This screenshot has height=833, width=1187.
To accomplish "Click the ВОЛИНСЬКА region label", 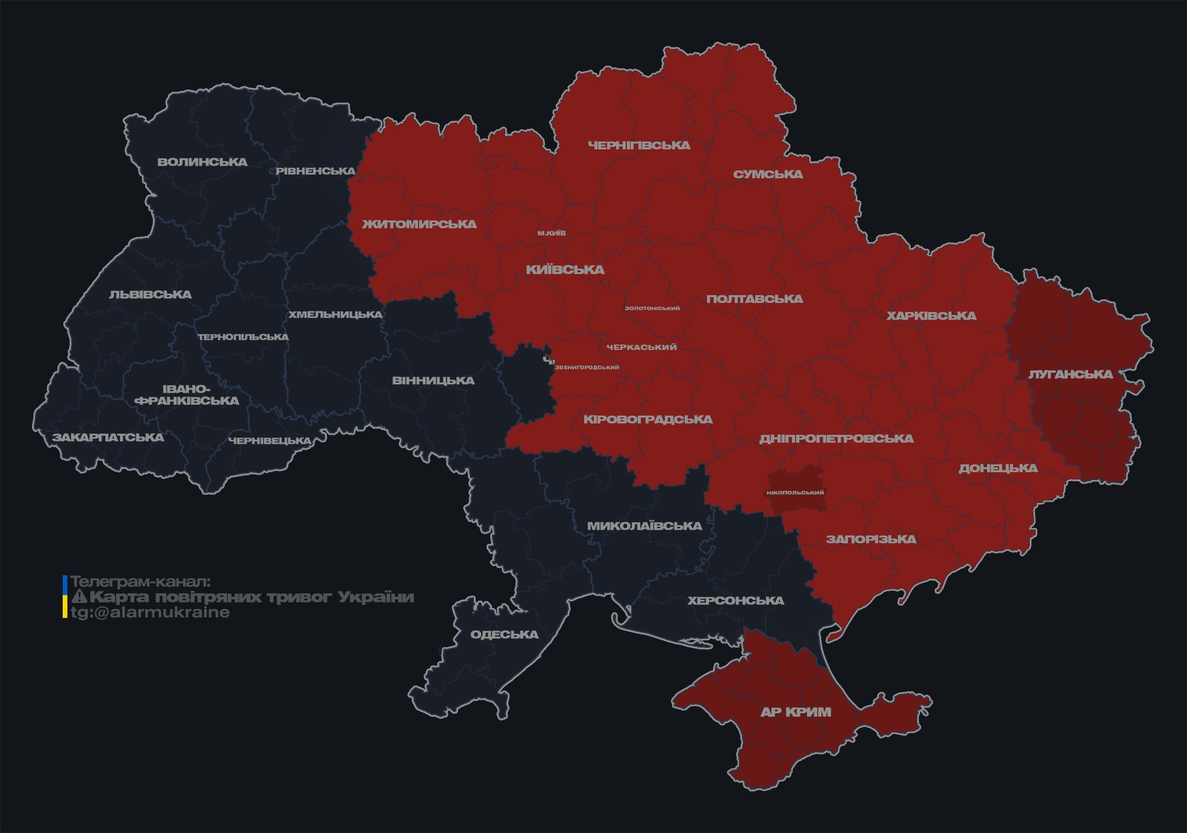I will pyautogui.click(x=202, y=162).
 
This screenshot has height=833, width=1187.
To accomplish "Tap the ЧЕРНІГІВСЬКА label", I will pyautogui.click(x=639, y=145).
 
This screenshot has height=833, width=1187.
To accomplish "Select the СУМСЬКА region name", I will pyautogui.click(x=768, y=174).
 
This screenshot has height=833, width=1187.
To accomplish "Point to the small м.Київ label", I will pyautogui.click(x=552, y=233).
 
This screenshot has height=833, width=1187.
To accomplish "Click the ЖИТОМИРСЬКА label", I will pyautogui.click(x=419, y=224).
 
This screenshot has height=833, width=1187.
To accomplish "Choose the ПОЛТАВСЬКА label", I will pyautogui.click(x=755, y=299).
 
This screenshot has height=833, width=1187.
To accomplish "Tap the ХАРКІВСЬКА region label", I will pyautogui.click(x=931, y=316).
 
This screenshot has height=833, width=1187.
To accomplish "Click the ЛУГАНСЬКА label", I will pyautogui.click(x=1070, y=374).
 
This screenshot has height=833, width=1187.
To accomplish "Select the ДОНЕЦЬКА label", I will pyautogui.click(x=998, y=468).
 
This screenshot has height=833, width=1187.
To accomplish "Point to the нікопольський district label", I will pyautogui.click(x=795, y=493).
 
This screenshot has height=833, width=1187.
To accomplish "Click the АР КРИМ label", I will pyautogui.click(x=796, y=712).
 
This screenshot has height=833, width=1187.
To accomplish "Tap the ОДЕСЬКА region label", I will pyautogui.click(x=504, y=634).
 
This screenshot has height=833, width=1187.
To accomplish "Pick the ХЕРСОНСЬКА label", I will pyautogui.click(x=735, y=601).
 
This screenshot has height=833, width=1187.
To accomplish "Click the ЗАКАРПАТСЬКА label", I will pyautogui.click(x=108, y=437).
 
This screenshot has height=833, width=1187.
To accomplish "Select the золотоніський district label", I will pyautogui.click(x=652, y=308).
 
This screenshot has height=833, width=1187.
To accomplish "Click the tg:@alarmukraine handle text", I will pyautogui.click(x=150, y=613).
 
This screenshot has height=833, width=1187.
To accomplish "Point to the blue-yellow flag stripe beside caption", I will pyautogui.click(x=65, y=596).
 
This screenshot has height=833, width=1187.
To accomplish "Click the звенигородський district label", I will pyautogui.click(x=587, y=367).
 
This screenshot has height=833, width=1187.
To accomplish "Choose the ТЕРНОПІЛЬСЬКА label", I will pyautogui.click(x=243, y=337).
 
